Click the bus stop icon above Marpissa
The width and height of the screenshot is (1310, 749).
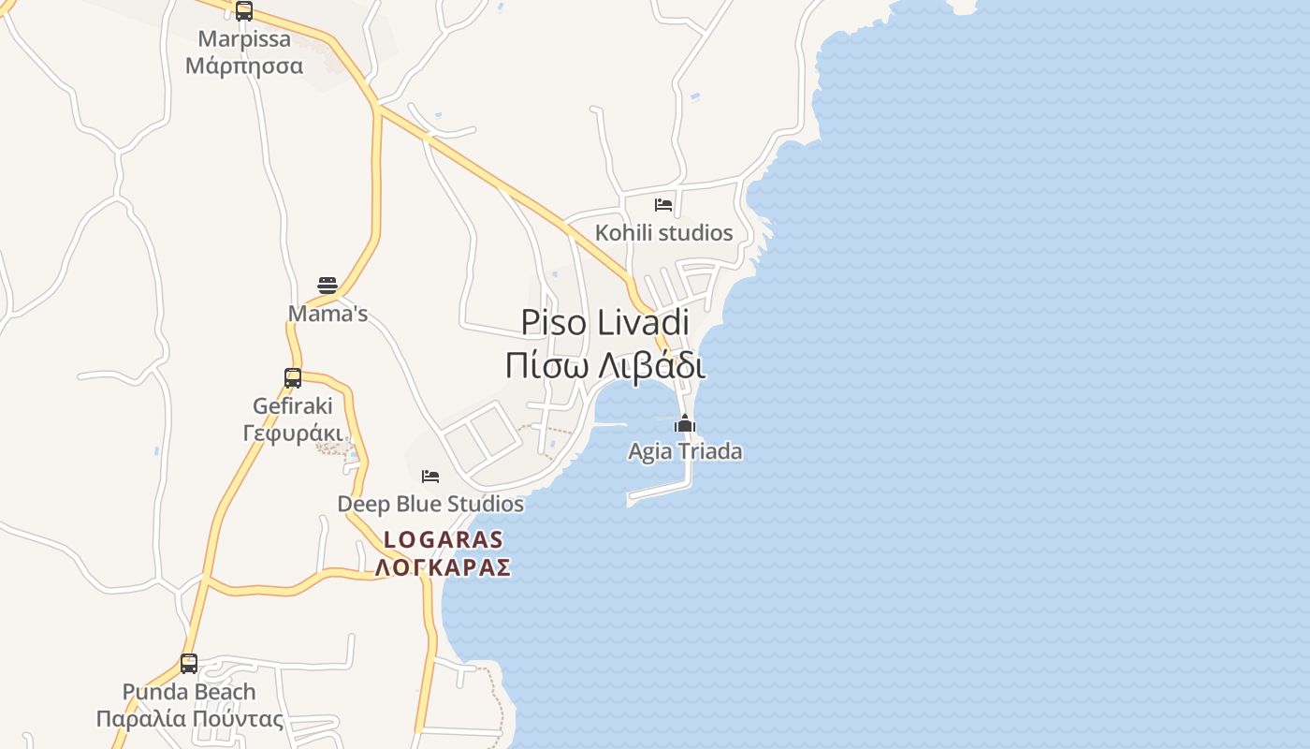pos(244,11)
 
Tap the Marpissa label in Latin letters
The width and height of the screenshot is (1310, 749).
pos(244,39)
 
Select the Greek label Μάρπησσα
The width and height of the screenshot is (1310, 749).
pos(244,66)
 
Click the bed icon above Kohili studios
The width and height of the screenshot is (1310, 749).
pos(663,204)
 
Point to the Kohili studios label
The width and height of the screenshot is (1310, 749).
pos(664,232)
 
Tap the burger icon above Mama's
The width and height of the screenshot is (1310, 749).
pos(327,285)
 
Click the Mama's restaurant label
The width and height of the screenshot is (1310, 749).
pos(327,314)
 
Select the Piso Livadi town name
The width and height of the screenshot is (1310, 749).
pos(604,322)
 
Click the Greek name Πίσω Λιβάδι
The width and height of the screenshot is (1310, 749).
pos(604,365)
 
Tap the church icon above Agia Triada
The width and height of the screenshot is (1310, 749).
pos(685,424)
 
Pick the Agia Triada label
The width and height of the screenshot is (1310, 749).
pos(685,451)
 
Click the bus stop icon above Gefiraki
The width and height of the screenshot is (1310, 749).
pos(293,378)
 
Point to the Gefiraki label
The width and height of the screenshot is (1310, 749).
pos(293,406)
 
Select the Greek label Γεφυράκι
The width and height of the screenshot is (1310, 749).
pos(293,433)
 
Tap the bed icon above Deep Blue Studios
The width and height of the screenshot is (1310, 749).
pos(430,477)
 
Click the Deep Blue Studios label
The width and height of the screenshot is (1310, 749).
pos(430,504)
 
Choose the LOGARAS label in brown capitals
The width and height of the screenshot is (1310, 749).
pos(444,540)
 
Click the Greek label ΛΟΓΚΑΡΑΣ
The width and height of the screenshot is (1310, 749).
pos(444,567)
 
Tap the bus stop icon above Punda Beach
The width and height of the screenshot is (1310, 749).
pos(189,664)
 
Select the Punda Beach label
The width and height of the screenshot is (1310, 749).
pos(189,692)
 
